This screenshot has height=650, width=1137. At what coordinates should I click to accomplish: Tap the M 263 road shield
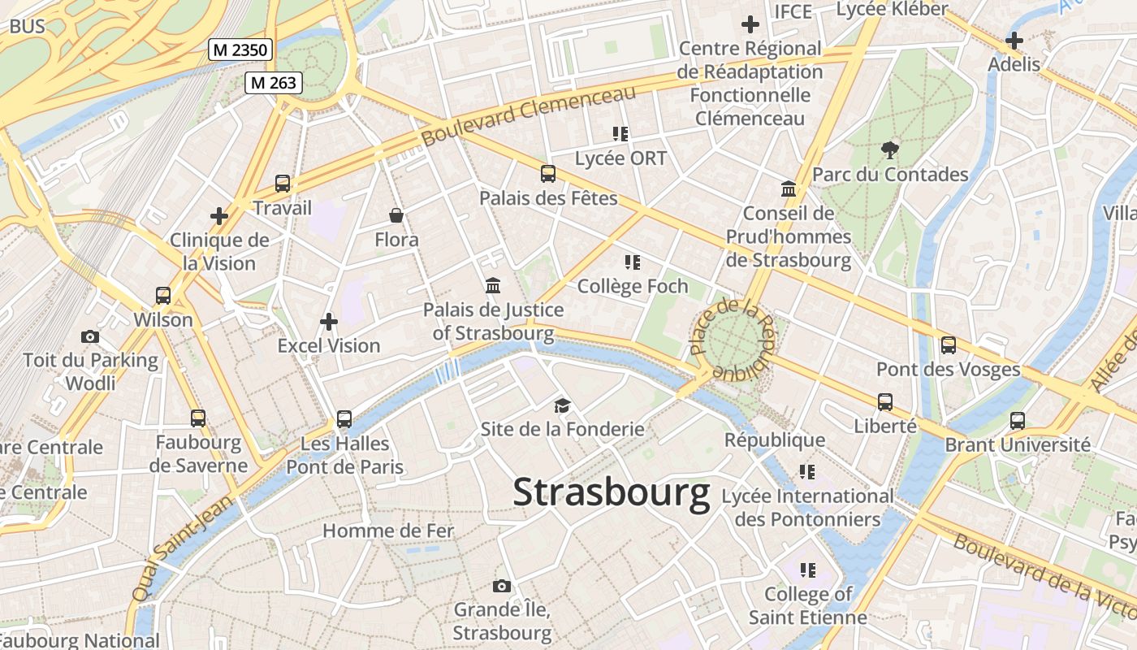point(274,82)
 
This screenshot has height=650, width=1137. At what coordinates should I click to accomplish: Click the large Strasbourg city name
point(612,492)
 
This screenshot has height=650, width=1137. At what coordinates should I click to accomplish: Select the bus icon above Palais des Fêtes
point(548,173)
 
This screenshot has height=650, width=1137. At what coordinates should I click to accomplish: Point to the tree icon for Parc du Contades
point(890,149)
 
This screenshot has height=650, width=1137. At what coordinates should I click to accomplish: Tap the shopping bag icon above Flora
point(396,215)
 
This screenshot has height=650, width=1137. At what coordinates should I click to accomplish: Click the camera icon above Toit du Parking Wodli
point(90,336)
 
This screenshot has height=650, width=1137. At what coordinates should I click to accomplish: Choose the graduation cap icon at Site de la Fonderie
point(562,405)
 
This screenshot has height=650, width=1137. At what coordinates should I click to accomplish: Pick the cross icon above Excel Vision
point(329,322)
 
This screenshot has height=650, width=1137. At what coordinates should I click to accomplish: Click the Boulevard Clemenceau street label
point(528,115)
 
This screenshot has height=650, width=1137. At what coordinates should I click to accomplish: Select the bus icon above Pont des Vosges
point(948,345)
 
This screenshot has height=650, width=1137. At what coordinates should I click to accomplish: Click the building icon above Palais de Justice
point(493,286)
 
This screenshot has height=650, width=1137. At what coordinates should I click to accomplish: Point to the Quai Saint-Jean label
point(181,549)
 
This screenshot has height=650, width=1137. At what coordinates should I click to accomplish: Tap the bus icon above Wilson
point(163,296)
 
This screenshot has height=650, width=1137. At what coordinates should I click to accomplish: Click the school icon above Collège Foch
point(632,262)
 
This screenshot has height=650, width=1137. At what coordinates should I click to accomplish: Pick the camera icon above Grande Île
point(502,586)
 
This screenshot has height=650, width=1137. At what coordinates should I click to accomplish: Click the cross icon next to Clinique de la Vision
point(218,216)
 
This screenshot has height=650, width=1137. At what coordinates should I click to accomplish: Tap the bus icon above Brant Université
point(1017,421)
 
